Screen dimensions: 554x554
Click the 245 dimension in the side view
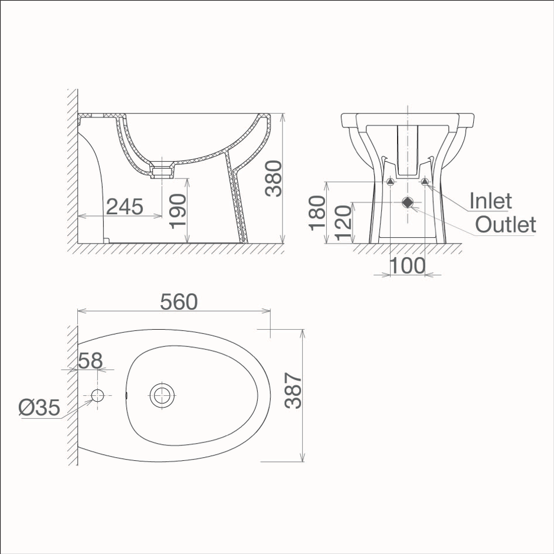pos(124,206)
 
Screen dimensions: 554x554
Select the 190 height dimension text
pos(178,211)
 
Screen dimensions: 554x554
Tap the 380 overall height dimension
pos(274,178)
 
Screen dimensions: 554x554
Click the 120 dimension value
pos(343,221)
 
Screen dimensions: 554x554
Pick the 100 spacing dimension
pos(407,265)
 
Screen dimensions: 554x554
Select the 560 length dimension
pos(179,301)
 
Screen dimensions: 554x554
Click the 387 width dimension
pos(293,391)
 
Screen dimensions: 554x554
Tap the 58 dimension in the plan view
pos(90,360)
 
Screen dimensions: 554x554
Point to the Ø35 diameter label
pos(39,407)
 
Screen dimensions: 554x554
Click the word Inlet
pos(490,201)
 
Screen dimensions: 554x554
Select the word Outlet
pos(505,225)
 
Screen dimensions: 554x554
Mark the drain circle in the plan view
pos(162,395)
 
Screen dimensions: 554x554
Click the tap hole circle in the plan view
pos(97,395)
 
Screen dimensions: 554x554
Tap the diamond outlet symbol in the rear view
pos(408,202)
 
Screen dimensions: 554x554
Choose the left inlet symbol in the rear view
pos(391,182)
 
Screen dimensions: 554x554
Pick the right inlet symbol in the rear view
pos(425,182)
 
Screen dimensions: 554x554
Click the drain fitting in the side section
pos(161,171)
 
